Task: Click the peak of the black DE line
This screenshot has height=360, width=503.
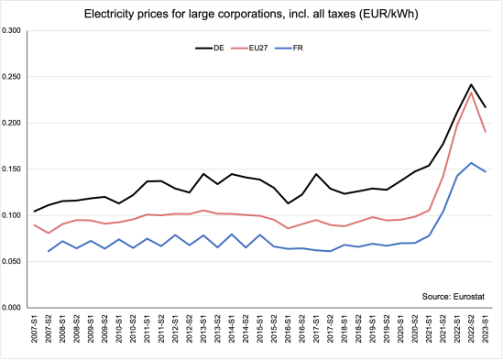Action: click(471, 84)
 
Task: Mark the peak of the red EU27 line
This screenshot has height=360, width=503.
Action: click(471, 93)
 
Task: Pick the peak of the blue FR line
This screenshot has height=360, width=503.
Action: click(471, 163)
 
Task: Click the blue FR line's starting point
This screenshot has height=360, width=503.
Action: click(49, 251)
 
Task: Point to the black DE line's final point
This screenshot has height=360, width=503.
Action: click(486, 107)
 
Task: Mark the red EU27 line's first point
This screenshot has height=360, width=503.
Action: click(35, 225)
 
